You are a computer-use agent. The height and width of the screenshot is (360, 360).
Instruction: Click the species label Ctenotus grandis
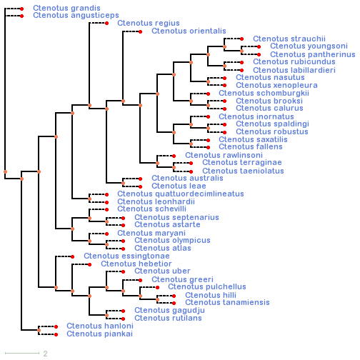pyautogui.click(x=66, y=8)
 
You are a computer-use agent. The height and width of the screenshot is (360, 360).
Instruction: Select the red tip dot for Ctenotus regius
pyautogui.click(x=107, y=23)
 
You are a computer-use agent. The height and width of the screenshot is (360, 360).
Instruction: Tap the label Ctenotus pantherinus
pyautogui.click(x=312, y=54)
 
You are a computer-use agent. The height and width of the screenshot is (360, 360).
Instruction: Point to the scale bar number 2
pyautogui.click(x=45, y=354)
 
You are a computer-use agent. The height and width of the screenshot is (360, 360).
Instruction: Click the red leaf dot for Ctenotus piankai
pyautogui.click(x=56, y=334)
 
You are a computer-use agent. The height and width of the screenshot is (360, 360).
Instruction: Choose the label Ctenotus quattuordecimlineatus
pyautogui.click(x=181, y=194)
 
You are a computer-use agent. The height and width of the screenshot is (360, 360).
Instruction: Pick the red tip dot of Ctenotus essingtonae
pyautogui.click(x=73, y=256)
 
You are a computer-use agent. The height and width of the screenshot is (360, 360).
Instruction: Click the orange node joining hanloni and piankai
pyautogui.click(x=39, y=331)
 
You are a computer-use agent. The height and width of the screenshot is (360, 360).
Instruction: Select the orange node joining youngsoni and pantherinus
pyautogui.click(x=241, y=51)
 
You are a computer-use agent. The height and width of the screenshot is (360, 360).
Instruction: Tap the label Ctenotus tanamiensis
pyautogui.click(x=227, y=302)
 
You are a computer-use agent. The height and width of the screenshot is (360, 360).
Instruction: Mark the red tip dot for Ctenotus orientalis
pyautogui.click(x=141, y=31)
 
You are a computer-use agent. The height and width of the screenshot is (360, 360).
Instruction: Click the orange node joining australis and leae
pyautogui.click(x=123, y=183)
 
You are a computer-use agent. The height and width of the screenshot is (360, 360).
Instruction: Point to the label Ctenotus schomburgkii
pyautogui.click(x=264, y=93)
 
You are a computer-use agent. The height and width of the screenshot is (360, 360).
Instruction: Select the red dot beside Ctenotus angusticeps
pyautogui.click(x=22, y=16)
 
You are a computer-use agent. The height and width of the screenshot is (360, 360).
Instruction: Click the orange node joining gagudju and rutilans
pyautogui.click(x=106, y=315)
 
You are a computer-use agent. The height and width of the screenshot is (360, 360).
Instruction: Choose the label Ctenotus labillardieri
pyautogui.click(x=294, y=70)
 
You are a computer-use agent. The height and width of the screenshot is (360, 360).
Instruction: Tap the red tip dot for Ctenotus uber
pyautogui.click(x=123, y=271)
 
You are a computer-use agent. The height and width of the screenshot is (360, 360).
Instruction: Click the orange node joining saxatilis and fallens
pyautogui.click(x=191, y=144)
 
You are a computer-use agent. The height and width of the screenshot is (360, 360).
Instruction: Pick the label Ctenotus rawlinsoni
pyautogui.click(x=224, y=155)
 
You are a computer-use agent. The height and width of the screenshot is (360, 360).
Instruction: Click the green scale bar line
pyautogui.click(x=22, y=353)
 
